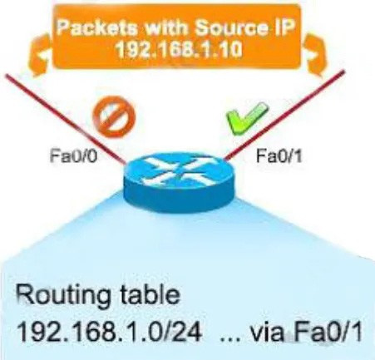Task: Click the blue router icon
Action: [179, 182]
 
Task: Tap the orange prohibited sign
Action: [114, 116]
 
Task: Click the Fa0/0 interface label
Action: [73, 156]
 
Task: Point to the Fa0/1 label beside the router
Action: [279, 156]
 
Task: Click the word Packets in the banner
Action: [97, 28]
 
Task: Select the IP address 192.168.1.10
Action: [178, 51]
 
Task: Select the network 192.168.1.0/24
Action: [109, 331]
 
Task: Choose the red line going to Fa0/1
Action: [284, 116]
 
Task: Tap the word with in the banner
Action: [165, 28]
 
